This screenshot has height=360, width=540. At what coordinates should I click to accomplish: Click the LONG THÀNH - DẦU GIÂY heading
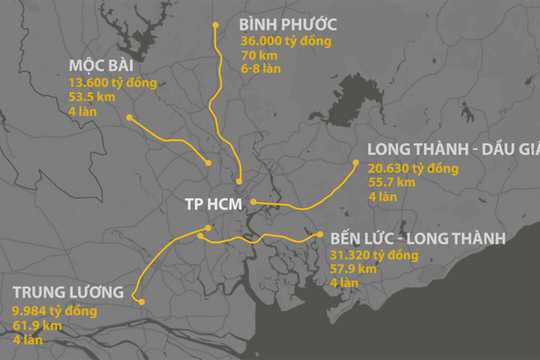coord(453,150)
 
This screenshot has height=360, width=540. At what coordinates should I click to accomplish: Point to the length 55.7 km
coord(390,183)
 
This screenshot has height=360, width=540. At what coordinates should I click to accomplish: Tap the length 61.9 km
coord(35,325)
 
